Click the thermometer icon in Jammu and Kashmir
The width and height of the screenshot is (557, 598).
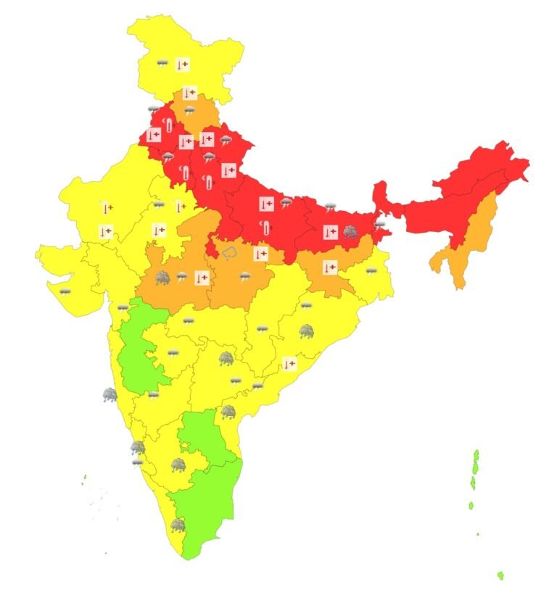pyautogui.click(x=183, y=65)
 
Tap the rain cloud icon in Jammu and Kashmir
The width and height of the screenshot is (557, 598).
pyautogui.click(x=162, y=64)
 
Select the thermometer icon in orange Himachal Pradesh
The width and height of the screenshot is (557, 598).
pyautogui.click(x=189, y=93)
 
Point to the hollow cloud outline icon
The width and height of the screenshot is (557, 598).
pyautogui.click(x=230, y=252)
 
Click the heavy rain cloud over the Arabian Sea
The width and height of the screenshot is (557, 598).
pyautogui.click(x=110, y=395)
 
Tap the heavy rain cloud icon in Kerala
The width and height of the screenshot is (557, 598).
pyautogui.click(x=177, y=525)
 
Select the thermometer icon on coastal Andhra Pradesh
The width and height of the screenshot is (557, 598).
pyautogui.click(x=289, y=364)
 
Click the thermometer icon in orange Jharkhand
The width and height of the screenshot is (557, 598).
pyautogui.click(x=329, y=267)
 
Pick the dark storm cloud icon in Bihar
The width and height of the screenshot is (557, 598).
pyautogui.click(x=350, y=232)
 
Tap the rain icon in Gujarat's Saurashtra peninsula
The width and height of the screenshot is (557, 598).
pyautogui.click(x=65, y=291)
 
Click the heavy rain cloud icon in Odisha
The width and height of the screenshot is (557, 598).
pyautogui.click(x=307, y=331)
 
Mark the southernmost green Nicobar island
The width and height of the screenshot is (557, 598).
pyautogui.click(x=500, y=576)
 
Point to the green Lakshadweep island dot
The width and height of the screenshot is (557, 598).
pyautogui.click(x=85, y=476)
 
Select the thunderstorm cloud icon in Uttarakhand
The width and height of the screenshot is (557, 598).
pyautogui.click(x=226, y=140)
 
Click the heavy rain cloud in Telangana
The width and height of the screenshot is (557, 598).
pyautogui.click(x=226, y=358)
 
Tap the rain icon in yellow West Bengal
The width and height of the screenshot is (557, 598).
pyautogui.click(x=371, y=271)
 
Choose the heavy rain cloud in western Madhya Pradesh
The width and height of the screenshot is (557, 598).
pyautogui.click(x=162, y=277)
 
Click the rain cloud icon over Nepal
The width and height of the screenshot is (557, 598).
pyautogui.click(x=331, y=207)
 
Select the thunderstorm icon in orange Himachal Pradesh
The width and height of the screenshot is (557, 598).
pyautogui.click(x=189, y=111)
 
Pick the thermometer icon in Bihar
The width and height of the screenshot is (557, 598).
pyautogui.click(x=330, y=232)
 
